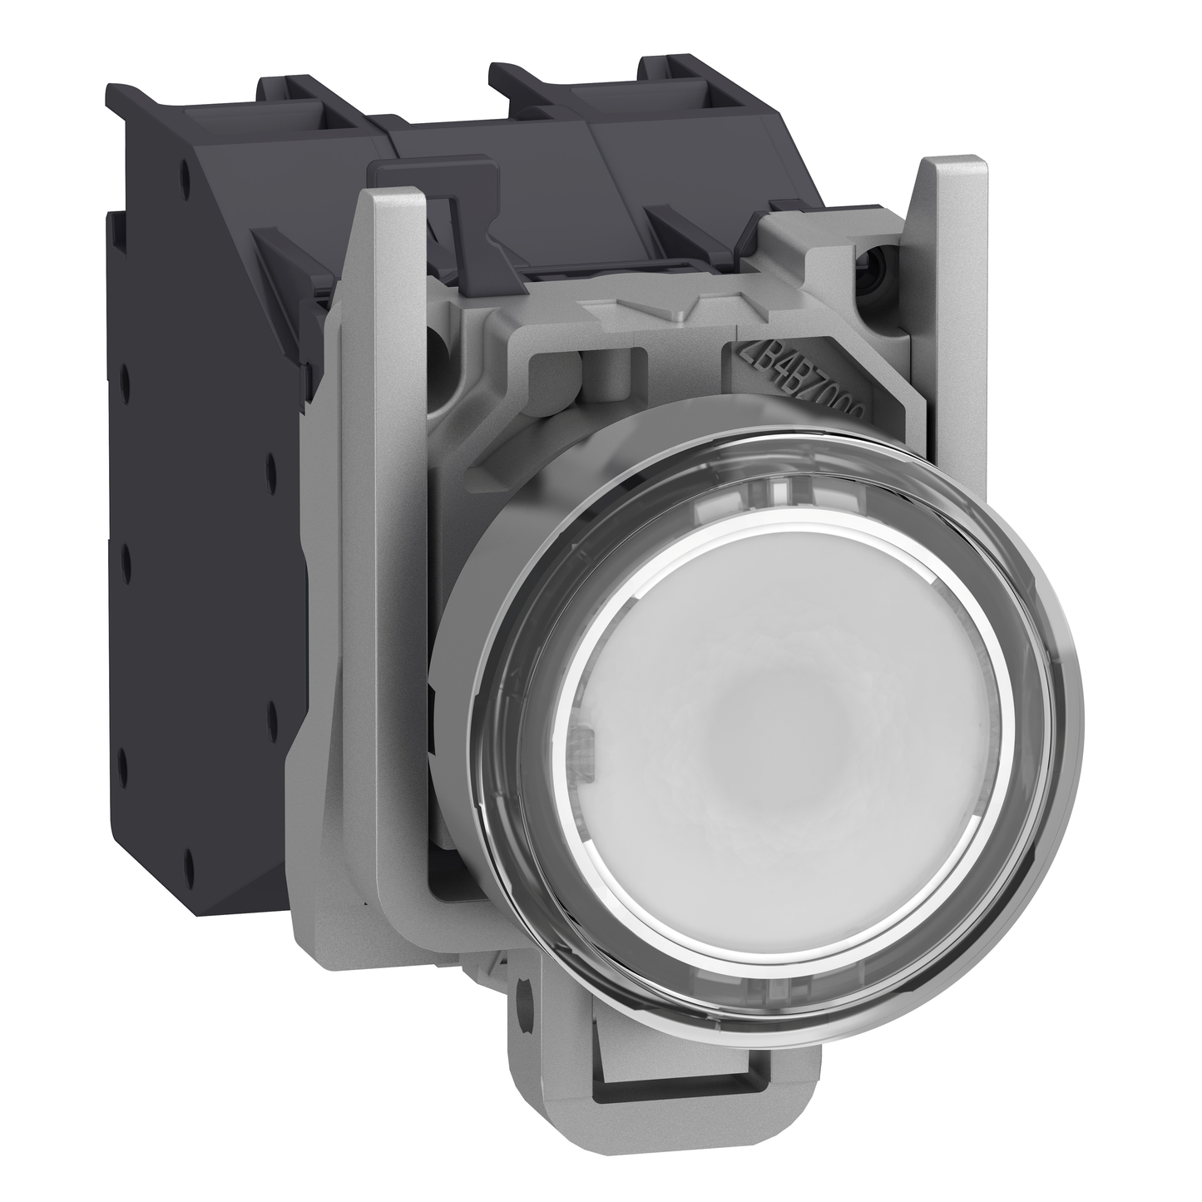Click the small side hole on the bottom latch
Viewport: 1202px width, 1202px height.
[x=525, y=993]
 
